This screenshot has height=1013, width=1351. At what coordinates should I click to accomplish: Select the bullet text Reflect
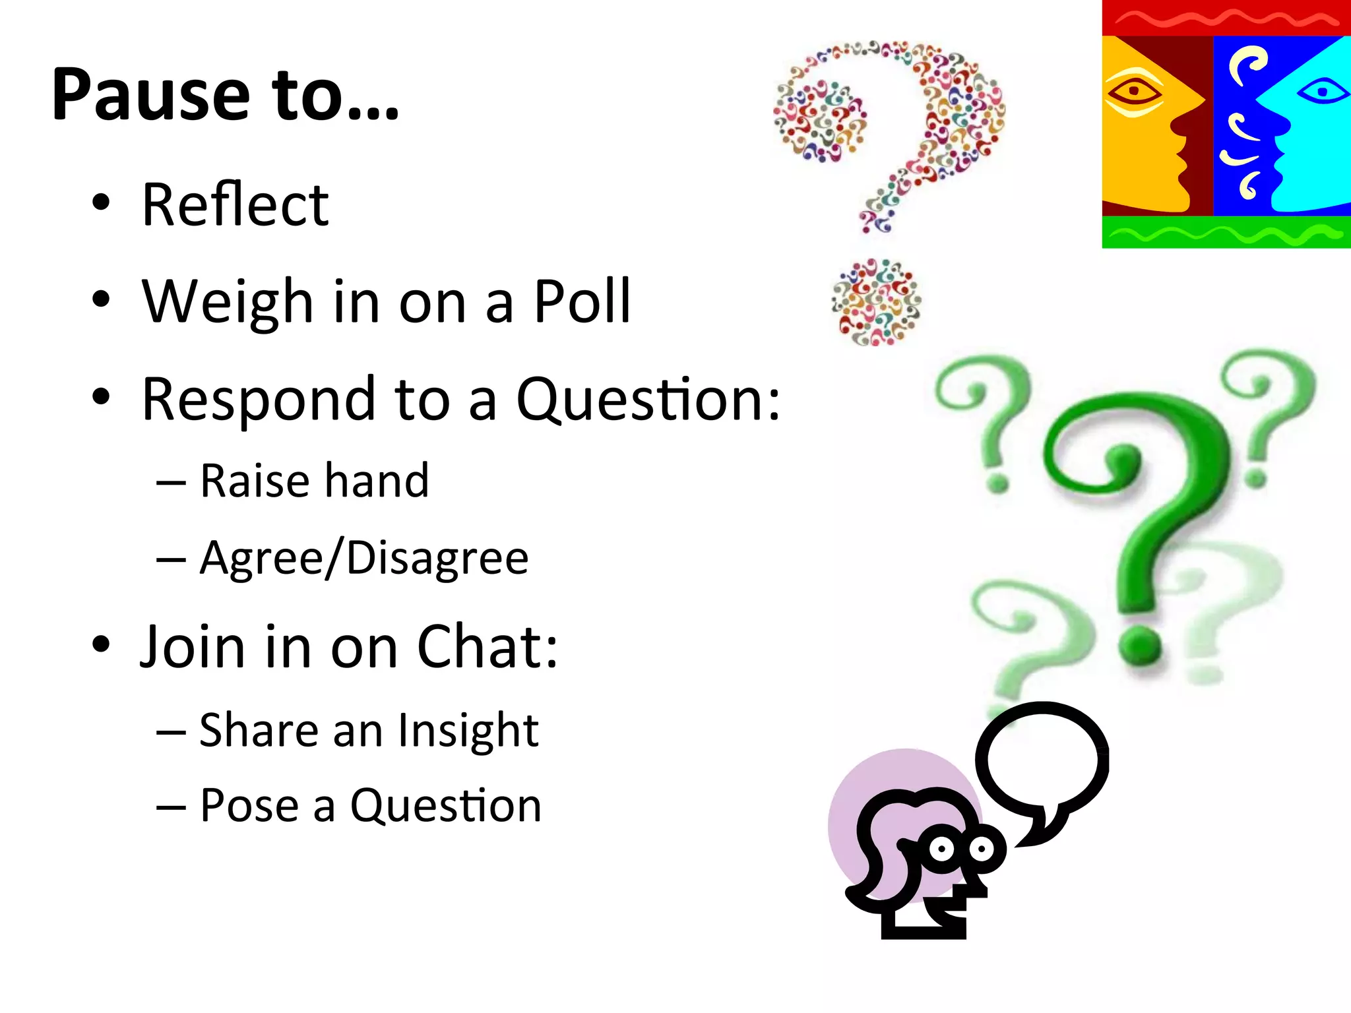[235, 205]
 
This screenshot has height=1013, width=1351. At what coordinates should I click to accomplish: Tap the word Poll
[582, 302]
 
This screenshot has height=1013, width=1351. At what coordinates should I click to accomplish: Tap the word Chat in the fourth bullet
[487, 646]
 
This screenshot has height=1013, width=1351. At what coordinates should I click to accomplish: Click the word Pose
[249, 805]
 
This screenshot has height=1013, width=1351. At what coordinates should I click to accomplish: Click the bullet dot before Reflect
[101, 203]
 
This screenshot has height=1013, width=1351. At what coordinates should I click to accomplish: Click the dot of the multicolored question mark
[876, 302]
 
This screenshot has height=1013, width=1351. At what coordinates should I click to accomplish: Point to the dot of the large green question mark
[1140, 644]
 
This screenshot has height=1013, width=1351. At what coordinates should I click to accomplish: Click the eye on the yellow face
[1133, 91]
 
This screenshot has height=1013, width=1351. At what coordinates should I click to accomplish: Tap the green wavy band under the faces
[1226, 232]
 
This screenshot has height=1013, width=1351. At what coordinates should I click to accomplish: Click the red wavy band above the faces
[1226, 18]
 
